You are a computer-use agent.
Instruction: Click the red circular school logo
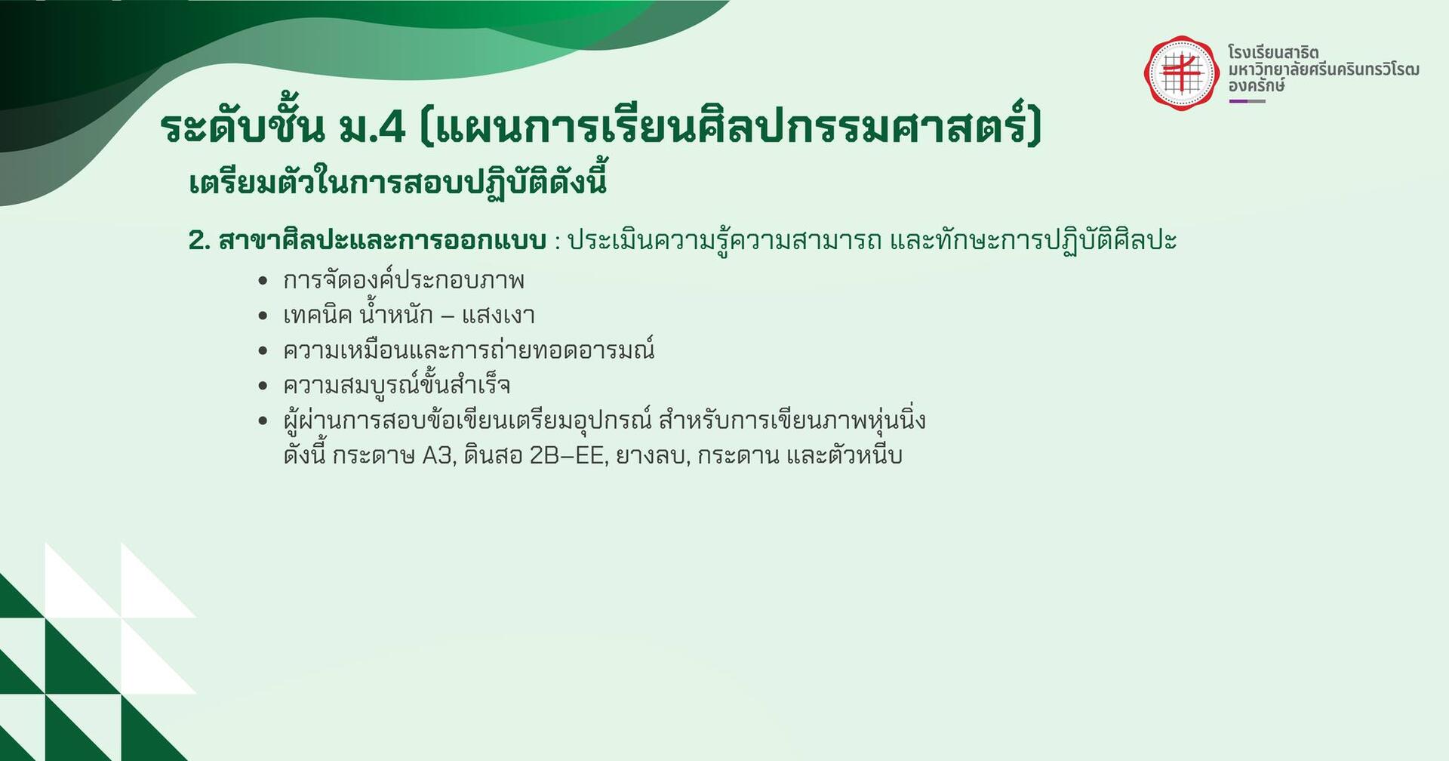(1182, 73)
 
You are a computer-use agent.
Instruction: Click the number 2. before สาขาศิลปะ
(198, 241)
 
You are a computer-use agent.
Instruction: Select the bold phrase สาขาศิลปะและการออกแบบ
(382, 241)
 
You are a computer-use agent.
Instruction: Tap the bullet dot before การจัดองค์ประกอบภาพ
(263, 281)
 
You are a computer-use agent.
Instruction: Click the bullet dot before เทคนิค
(263, 316)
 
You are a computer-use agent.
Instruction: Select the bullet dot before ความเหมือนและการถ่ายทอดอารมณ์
(263, 350)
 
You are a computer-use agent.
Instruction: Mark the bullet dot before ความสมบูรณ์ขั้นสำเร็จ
(263, 386)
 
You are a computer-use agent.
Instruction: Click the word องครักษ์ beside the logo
(1257, 86)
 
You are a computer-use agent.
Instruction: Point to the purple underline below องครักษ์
(1247, 101)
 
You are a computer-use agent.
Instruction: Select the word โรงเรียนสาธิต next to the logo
(1273, 53)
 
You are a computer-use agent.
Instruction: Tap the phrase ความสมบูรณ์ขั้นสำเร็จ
(397, 385)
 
